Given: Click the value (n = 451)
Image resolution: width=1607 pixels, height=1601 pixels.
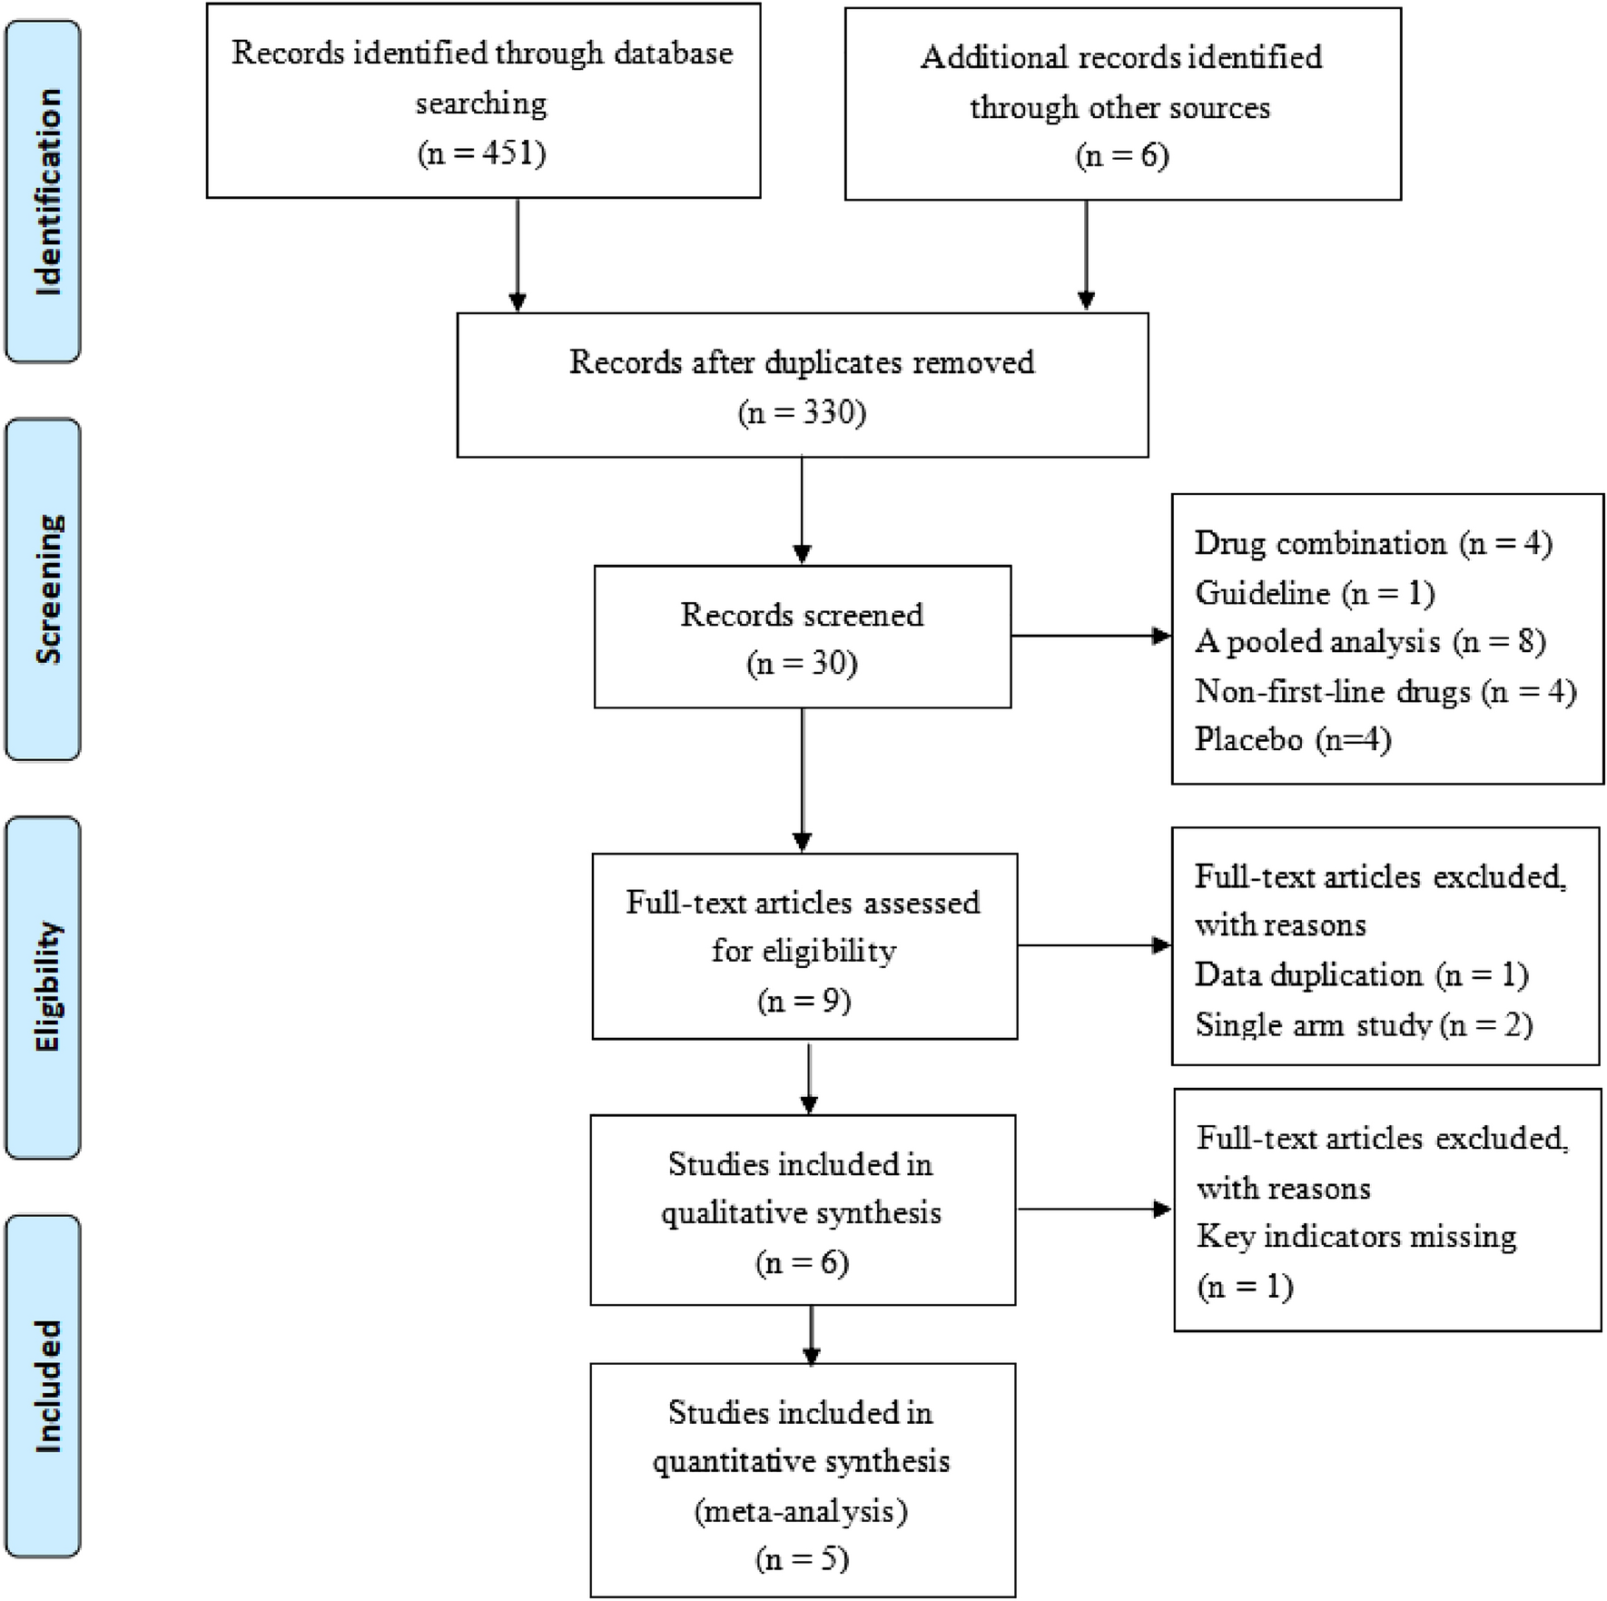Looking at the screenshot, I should click(482, 153).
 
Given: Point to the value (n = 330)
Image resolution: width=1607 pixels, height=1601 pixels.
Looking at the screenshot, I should click(802, 413).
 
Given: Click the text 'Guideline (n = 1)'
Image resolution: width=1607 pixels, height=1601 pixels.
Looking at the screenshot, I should click(1314, 593).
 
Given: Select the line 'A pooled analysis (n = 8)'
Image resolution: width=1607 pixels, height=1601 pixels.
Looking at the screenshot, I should click(1370, 642).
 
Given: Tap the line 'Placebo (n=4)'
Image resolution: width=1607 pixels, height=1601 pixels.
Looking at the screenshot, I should click(1292, 739).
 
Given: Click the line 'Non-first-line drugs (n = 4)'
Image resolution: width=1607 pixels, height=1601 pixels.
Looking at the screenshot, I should click(1385, 692).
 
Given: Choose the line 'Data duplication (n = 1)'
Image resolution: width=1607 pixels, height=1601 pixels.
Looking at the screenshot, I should click(1361, 975).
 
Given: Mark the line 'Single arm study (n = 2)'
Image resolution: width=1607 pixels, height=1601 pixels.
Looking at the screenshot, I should click(1363, 1025).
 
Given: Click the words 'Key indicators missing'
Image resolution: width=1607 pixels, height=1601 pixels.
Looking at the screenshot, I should click(1356, 1237).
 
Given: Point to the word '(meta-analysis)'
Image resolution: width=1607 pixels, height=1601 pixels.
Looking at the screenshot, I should click(801, 1511).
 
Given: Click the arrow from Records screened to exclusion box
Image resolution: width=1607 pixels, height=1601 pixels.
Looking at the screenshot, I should click(1089, 637).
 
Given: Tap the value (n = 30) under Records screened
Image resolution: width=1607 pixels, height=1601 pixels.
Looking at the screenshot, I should click(802, 664).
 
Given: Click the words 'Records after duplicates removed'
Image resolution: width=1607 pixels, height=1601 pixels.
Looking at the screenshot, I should click(802, 362).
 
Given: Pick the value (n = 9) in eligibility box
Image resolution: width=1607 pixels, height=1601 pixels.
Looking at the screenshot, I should click(803, 1001).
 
